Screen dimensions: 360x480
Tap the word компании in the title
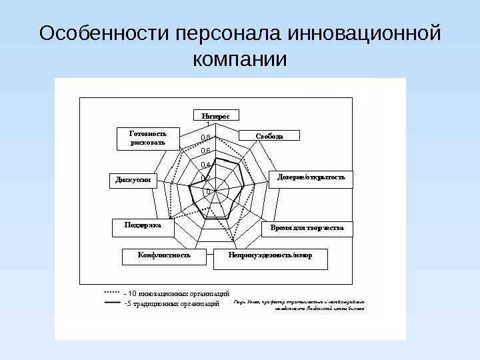pos(239,59)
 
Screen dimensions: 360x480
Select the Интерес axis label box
pos(216,115)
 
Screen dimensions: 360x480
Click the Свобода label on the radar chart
pos(269,136)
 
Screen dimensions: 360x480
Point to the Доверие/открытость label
pos(311,178)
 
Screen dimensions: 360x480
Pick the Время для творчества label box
pos(307,228)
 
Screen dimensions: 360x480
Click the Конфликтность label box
pos(164,255)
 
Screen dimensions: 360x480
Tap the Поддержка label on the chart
pos(143,225)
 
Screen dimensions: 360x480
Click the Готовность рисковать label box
pos(147,138)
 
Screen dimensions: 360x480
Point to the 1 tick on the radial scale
pos(207,124)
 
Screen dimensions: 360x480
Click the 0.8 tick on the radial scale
pos(205,137)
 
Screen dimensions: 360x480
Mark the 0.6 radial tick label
pos(205,151)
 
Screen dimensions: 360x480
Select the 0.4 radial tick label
pos(205,164)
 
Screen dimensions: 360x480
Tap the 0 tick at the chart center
pos(208,191)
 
